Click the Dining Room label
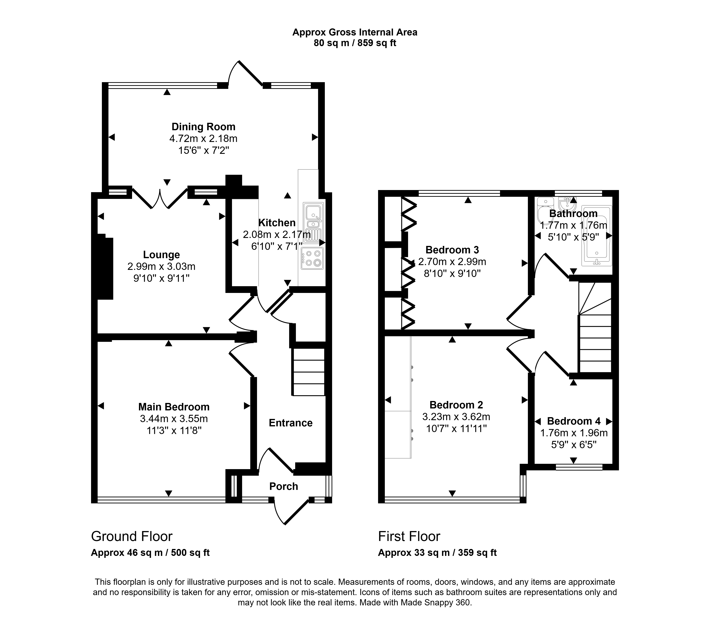tap(203, 127)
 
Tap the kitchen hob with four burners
tap(312, 258)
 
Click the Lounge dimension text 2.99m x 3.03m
tap(162, 266)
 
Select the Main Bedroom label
tap(174, 407)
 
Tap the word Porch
tap(284, 487)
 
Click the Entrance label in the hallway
tap(291, 423)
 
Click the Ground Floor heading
tap(132, 536)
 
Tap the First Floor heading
tap(409, 536)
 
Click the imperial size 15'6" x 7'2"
tap(203, 150)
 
